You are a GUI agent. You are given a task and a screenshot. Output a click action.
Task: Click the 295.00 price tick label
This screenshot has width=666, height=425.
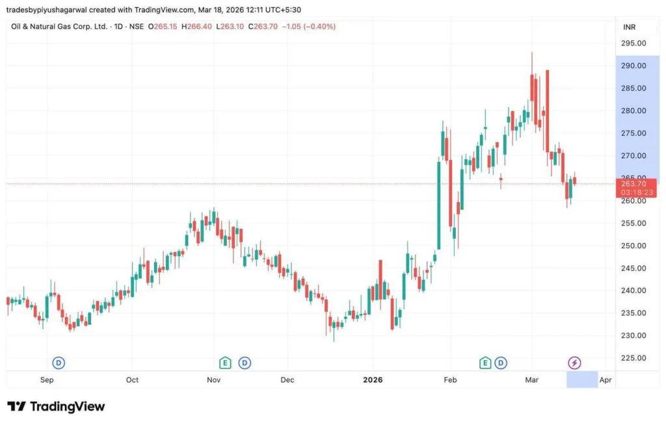point(633,44)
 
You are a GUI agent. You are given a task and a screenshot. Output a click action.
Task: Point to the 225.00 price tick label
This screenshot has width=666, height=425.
point(633,358)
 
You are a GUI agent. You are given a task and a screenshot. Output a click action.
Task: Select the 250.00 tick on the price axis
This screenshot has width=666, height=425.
point(633,246)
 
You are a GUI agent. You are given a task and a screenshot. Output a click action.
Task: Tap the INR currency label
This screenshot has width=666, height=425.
point(629,27)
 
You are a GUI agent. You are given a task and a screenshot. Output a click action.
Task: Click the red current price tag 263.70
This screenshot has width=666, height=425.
point(633,184)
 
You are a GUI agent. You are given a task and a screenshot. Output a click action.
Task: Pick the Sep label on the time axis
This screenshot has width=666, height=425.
point(47,380)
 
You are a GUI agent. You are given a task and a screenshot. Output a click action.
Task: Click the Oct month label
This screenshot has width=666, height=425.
point(132,380)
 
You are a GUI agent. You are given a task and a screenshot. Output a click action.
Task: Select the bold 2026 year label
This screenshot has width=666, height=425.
point(373,380)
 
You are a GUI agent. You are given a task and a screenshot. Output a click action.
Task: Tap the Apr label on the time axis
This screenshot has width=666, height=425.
point(606,380)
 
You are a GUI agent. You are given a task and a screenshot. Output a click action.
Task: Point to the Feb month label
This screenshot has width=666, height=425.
point(449,380)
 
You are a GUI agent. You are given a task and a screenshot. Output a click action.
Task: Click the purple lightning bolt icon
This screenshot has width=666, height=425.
point(574,363)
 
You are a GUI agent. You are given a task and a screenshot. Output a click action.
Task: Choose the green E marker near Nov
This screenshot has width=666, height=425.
point(225,363)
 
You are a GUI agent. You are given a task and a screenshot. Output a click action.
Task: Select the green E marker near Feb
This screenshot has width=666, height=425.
point(485,363)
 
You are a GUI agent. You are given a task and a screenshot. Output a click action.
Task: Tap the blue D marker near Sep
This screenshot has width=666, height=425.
point(59,363)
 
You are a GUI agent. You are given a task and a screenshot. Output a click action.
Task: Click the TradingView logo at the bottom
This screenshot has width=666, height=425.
point(56,406)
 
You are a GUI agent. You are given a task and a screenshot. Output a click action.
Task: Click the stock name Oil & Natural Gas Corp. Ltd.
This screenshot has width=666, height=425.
point(59,27)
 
